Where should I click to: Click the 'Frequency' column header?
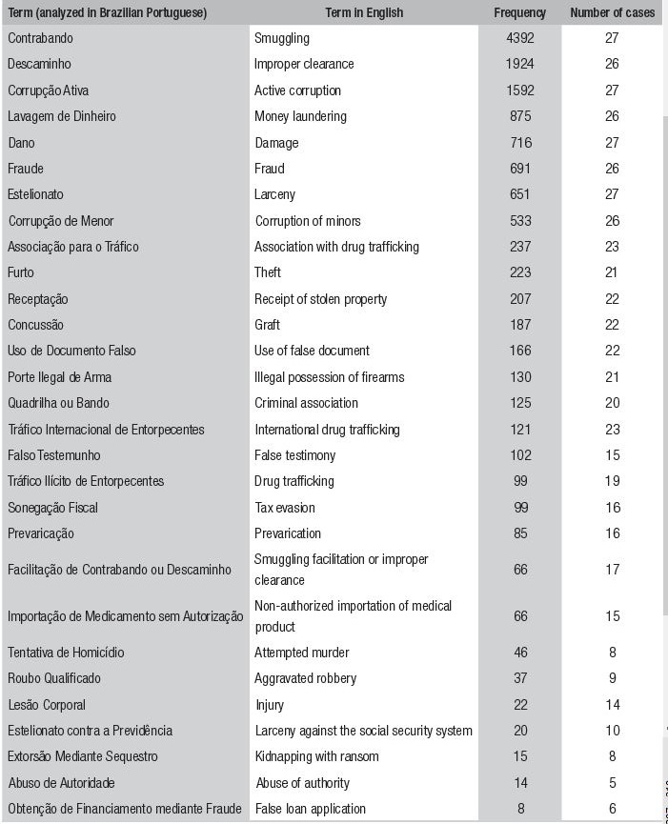(519, 13)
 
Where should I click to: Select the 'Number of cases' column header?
(612, 13)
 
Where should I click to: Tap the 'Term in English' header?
(364, 13)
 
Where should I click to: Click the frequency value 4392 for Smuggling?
(519, 39)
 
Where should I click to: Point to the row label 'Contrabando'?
(40, 39)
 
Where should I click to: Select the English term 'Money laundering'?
(300, 116)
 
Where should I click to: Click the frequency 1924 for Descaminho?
(519, 65)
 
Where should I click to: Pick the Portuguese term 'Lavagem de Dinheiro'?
(62, 116)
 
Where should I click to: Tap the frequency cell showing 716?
(519, 143)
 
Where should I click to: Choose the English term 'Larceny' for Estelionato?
(274, 194)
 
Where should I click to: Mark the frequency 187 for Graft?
(519, 325)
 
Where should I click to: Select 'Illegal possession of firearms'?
(329, 377)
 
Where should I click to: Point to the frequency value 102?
(519, 455)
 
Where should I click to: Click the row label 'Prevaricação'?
(41, 533)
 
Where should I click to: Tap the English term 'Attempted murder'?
(301, 653)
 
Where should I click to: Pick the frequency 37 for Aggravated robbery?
(519, 678)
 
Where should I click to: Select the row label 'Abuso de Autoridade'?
(61, 783)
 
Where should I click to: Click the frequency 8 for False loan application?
(519, 809)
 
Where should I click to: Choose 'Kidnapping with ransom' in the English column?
(316, 756)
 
